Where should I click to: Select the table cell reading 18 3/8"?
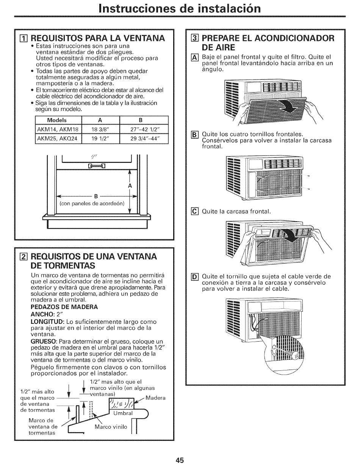pyautogui.click(x=100, y=130)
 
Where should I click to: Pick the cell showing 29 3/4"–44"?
pyautogui.click(x=144, y=139)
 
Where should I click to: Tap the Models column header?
pyautogui.click(x=57, y=120)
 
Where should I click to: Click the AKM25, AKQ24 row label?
pyautogui.click(x=57, y=139)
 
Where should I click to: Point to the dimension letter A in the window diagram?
pyautogui.click(x=130, y=186)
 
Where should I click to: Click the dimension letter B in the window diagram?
pyautogui.click(x=96, y=197)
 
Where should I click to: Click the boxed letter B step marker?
pyautogui.click(x=194, y=135)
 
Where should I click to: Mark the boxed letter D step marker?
pyautogui.click(x=194, y=277)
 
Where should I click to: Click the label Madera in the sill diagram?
pyautogui.click(x=155, y=398)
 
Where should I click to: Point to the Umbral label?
pyautogui.click(x=123, y=413)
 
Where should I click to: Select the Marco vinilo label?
pyautogui.click(x=111, y=427)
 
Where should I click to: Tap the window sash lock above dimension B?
pyautogui.click(x=97, y=166)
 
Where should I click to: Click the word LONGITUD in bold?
pyautogui.click(x=47, y=322)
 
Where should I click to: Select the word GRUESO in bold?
pyautogui.click(x=43, y=341)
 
